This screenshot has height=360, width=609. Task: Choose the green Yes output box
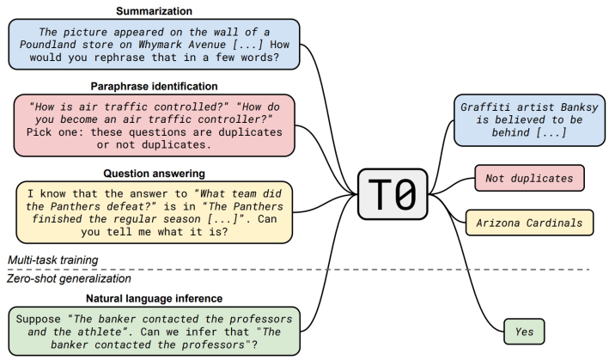click(x=524, y=330)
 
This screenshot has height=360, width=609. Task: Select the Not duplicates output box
click(x=529, y=178)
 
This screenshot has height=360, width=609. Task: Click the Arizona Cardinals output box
click(x=529, y=223)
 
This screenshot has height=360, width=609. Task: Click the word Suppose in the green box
click(x=40, y=319)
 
